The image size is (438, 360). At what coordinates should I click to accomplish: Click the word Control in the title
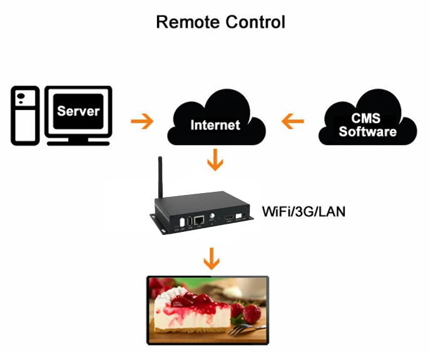click(x=253, y=22)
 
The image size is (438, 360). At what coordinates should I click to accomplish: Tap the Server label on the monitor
click(x=78, y=111)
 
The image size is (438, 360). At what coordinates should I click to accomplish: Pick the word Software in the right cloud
click(x=367, y=132)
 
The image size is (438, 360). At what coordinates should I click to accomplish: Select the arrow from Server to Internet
click(x=141, y=120)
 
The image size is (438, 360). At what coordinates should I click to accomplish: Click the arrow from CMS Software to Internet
click(x=293, y=120)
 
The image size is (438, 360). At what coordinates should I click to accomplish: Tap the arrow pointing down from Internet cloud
click(x=215, y=160)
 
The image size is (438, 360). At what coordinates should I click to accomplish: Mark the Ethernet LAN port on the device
click(x=200, y=221)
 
